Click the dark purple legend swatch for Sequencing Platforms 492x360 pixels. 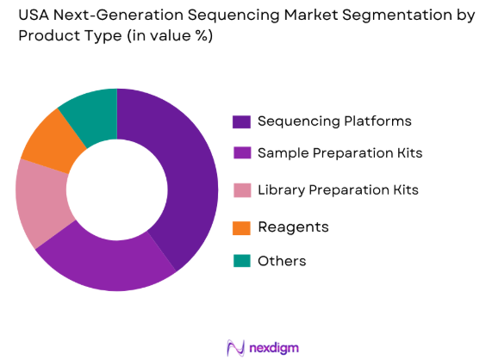(241, 121)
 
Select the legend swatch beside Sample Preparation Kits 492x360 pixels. (241, 153)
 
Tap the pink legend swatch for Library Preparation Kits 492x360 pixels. (241, 189)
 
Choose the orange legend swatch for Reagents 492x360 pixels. (241, 227)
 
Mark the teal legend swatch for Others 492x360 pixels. (241, 261)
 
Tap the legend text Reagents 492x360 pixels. (293, 227)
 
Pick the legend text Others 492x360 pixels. (282, 261)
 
